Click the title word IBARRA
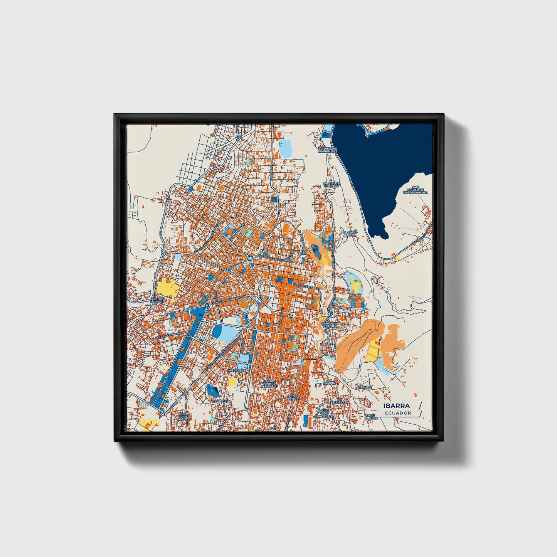(x=396, y=406)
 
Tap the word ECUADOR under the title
(x=398, y=413)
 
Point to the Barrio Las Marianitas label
(x=328, y=150)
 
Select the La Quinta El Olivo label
(x=331, y=184)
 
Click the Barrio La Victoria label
(x=330, y=325)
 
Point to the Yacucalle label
(x=236, y=370)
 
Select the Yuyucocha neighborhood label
(x=221, y=401)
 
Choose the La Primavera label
(x=339, y=402)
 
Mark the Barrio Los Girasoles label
(x=323, y=413)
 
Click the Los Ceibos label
(x=294, y=397)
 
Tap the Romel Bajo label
(x=370, y=417)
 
